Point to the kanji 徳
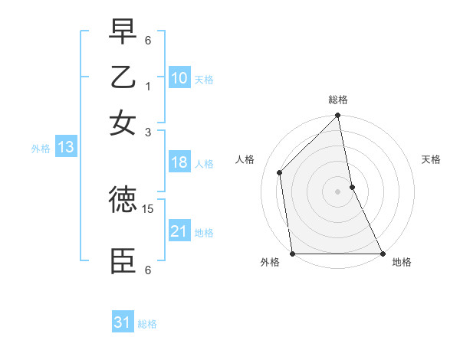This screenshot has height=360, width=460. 123,200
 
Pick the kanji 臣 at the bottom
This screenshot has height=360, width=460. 123,261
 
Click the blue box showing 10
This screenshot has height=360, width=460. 179,78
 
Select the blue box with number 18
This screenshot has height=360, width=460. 179,162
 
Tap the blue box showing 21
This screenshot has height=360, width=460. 179,231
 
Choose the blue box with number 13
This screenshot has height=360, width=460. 66,148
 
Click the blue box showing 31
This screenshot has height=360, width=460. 123,322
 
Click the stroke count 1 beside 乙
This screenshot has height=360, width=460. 148,87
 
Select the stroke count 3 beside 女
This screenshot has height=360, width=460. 148,132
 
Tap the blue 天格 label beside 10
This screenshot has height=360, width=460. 204,80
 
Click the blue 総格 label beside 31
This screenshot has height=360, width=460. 147,324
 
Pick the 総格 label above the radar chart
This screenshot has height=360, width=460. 338,100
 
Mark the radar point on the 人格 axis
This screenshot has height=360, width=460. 280,172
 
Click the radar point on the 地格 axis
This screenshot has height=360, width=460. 383,254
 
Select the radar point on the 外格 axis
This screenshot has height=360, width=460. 293,254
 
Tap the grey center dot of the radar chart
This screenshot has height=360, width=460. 338,191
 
